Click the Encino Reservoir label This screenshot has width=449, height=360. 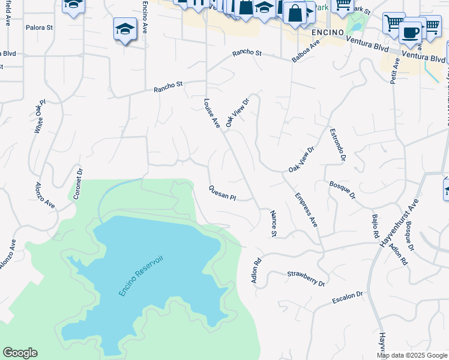pos(141,274)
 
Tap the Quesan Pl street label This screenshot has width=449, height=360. pos(222,193)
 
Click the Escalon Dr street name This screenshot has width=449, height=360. pos(348,297)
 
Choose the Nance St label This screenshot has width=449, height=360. pos(274,223)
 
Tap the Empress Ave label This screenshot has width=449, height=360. pos(306,209)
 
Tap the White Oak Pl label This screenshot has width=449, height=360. pos(40,116)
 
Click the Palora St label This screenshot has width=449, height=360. pos(40,28)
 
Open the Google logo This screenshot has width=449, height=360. pos(20,353)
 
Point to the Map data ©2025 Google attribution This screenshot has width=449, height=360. pos(412,355)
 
